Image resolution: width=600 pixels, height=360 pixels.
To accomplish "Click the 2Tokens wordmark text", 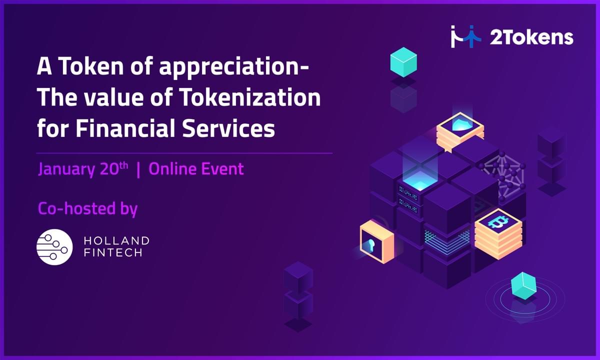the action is (x=531, y=38).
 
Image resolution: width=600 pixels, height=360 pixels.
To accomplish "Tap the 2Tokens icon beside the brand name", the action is (x=466, y=36).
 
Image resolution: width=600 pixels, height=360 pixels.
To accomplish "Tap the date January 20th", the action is (x=83, y=169).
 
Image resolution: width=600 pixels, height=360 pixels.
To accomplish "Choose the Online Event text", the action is (x=196, y=169).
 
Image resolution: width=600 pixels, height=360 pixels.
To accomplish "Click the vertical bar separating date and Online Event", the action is (x=138, y=169).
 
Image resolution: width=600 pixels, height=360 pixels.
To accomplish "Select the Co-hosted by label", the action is (x=87, y=208).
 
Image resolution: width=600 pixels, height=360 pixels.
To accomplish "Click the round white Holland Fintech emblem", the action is (x=54, y=247).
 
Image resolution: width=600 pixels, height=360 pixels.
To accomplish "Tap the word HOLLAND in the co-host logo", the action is (x=117, y=240).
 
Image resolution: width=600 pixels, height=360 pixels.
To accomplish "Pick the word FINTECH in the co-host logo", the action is (x=113, y=252).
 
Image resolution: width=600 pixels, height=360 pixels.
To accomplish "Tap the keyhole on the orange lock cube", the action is (x=371, y=245).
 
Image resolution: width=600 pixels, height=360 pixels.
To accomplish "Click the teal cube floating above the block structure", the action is (x=403, y=62).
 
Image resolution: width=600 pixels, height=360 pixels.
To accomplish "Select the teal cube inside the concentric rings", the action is (x=523, y=286).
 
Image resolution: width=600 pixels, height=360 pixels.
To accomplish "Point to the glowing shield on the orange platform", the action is (x=460, y=123).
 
